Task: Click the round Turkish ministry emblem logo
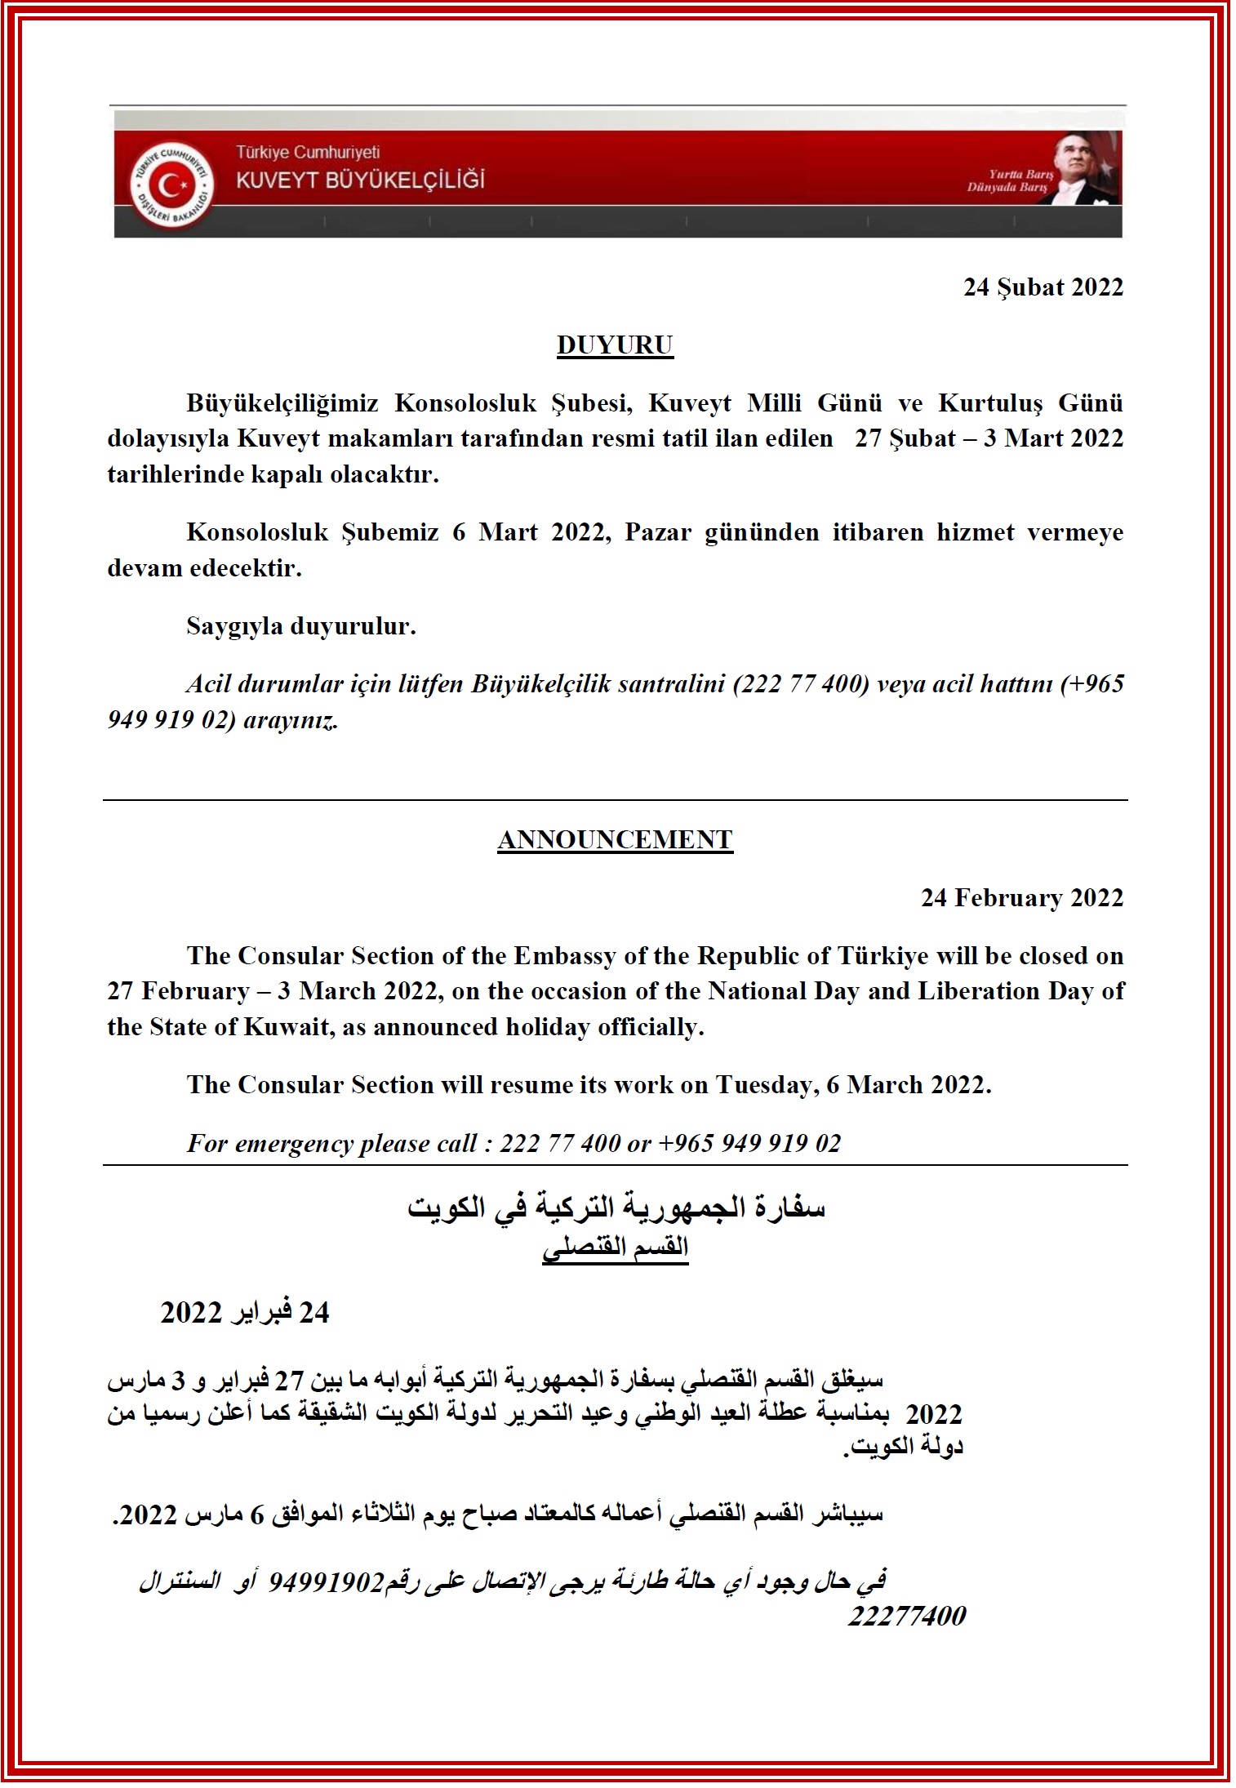pyautogui.click(x=172, y=187)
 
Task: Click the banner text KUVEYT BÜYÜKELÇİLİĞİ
pyautogui.click(x=360, y=180)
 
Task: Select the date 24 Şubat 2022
pyautogui.click(x=1043, y=287)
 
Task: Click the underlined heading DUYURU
pyautogui.click(x=615, y=345)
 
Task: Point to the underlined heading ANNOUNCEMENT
pyautogui.click(x=615, y=840)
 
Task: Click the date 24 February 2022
pyautogui.click(x=1022, y=898)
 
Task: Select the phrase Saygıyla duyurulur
pyautogui.click(x=301, y=626)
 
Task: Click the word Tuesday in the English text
pyautogui.click(x=763, y=1085)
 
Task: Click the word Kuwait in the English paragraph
pyautogui.click(x=286, y=1027)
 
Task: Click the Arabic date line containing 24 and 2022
pyautogui.click(x=245, y=1558)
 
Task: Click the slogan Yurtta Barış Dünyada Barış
pyautogui.click(x=1010, y=180)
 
